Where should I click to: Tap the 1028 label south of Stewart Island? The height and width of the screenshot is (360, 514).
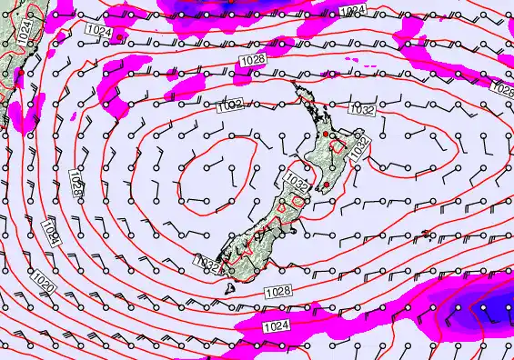tap(278, 291)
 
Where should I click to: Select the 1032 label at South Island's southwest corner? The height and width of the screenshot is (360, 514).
tap(207, 264)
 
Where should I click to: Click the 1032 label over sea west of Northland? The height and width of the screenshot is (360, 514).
tap(230, 106)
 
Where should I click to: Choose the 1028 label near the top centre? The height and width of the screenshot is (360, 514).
tap(253, 59)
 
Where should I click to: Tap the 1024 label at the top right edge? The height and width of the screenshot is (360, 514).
tap(353, 10)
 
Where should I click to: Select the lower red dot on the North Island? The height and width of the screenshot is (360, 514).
tap(325, 186)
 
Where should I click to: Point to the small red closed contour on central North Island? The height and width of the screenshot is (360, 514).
tap(341, 145)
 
